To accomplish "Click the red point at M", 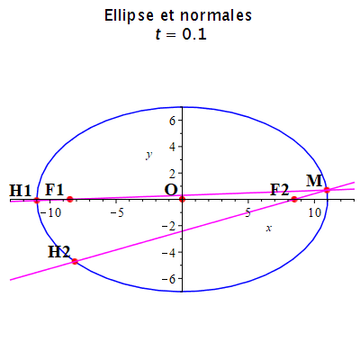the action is pos(327,190).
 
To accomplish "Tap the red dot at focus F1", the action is pos(70,199).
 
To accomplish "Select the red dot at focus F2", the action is pos(294,199).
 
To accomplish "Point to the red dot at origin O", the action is pos(182,199).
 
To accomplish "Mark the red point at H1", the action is pos(37,200).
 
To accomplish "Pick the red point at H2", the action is pos(75,261).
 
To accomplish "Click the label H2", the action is pos(59,252).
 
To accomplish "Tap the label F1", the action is pos(55,190).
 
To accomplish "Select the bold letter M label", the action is pos(314,181).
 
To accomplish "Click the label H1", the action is pos(21,190).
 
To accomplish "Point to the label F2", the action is pos(280,190).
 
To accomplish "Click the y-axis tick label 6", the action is pos(172,121).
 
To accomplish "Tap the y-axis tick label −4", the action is pos(167,252).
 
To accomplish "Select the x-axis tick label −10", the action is pos(50,212).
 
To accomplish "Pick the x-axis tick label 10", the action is pos(314,212).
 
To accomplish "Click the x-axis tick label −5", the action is pos(117,212).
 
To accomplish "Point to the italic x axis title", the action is pos(269,229).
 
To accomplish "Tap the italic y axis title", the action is pos(149,156).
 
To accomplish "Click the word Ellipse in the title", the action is pos(129,15).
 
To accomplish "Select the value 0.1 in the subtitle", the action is pos(194,34).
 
